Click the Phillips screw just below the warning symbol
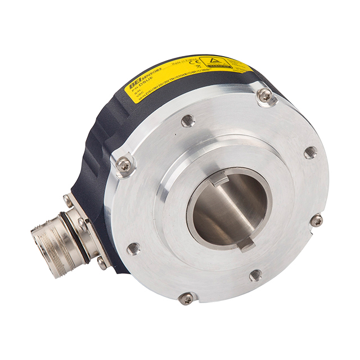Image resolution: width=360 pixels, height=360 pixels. tap(264, 96)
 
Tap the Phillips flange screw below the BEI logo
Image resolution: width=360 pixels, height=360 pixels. tap(124, 164)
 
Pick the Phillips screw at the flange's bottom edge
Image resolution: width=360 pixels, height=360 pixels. tap(186, 298)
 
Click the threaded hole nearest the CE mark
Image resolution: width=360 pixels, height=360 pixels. tap(188, 120)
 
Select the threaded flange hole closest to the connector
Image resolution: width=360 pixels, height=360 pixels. tap(133, 248)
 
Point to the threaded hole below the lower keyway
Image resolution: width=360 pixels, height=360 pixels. tap(255, 275)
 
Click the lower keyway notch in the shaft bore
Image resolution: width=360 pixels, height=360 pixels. tap(245, 244)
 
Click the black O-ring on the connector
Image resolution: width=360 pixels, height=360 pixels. tap(84, 238)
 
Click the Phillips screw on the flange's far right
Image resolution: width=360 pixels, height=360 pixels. tap(316, 220)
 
